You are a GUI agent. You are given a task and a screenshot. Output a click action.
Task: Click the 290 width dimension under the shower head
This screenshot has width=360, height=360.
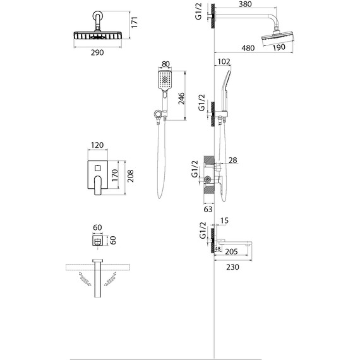(x=97, y=52)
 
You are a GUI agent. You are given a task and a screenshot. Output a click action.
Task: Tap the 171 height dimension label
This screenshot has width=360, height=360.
(x=135, y=22)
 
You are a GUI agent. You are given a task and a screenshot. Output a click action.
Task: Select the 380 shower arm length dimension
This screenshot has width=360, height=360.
(x=245, y=4)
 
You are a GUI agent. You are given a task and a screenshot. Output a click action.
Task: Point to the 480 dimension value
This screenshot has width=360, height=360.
(x=248, y=48)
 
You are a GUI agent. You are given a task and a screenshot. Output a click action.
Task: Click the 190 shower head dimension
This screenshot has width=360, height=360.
(x=279, y=47)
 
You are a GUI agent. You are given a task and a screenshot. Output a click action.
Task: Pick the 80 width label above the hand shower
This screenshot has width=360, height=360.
(x=165, y=64)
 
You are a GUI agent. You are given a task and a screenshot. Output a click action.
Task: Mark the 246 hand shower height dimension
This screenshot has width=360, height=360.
(x=181, y=99)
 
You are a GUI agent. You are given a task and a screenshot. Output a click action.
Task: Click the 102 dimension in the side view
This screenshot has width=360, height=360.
(x=224, y=61)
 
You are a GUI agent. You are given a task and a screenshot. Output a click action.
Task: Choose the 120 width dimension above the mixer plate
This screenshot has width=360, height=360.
(x=97, y=145)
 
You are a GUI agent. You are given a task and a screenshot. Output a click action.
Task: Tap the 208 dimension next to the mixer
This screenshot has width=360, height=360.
(x=130, y=176)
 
